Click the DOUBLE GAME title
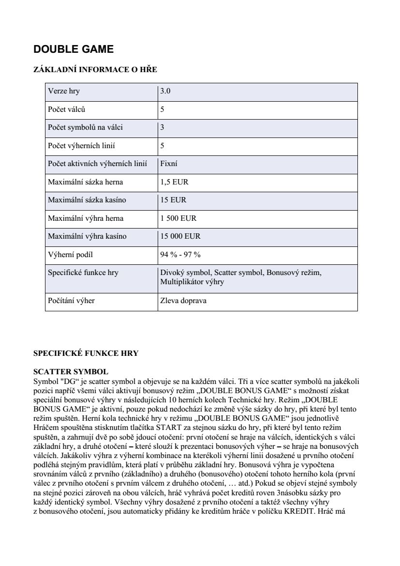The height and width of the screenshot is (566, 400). coord(74,49)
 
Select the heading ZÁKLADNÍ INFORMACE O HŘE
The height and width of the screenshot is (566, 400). coord(95,70)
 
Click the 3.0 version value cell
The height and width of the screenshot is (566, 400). coord(165,91)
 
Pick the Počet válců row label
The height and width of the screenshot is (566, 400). coord(67,109)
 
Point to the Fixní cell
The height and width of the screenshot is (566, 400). coord(169,164)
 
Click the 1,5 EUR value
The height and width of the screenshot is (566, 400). coord(174,182)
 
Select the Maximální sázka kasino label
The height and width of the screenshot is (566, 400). coord(86,200)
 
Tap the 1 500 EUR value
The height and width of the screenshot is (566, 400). coord(178,218)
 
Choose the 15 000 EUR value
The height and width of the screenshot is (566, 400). coord(180,236)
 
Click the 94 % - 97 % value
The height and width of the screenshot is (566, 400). coord(180,255)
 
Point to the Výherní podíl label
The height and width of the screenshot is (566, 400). coord(70,255)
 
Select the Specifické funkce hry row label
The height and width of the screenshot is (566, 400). coord(83,273)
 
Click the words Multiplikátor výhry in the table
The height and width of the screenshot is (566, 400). coord(192,281)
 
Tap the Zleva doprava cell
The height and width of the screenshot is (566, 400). coord(183,301)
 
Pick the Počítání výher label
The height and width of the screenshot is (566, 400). coord(71,301)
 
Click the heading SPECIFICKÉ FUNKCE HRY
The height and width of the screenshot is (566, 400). coord(86,353)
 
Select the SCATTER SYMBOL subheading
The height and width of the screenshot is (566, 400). coord(71,372)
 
